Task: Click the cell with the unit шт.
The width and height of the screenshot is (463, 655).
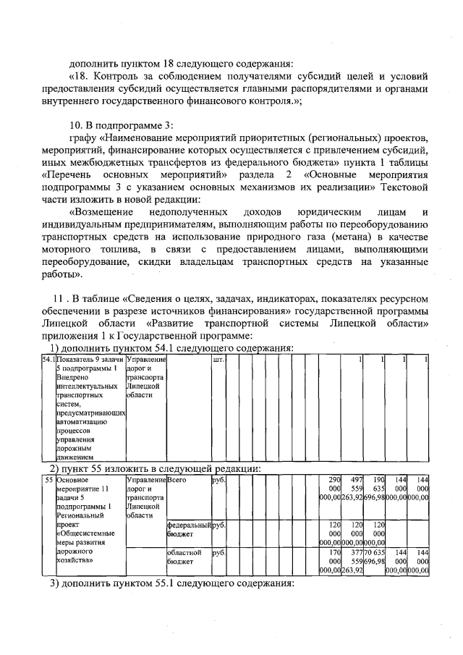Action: click(x=218, y=360)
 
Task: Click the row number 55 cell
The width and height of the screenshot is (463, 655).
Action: click(x=48, y=480)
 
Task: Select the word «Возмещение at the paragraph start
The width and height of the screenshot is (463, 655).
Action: click(x=101, y=211)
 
